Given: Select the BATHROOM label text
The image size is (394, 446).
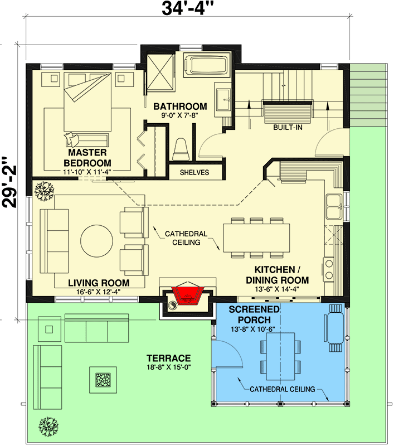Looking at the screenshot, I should click(180, 106).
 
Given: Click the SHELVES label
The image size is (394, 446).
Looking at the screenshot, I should click(194, 172).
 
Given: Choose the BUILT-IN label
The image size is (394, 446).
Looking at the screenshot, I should click(288, 128).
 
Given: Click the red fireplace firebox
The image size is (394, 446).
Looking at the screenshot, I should click(187, 295).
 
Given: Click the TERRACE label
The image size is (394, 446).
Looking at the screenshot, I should click(168, 358).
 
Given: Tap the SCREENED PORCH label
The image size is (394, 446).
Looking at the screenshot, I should click(254, 315).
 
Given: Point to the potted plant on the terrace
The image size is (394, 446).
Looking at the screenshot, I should click(48, 426).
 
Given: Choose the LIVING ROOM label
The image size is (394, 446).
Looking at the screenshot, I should click(99, 283).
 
